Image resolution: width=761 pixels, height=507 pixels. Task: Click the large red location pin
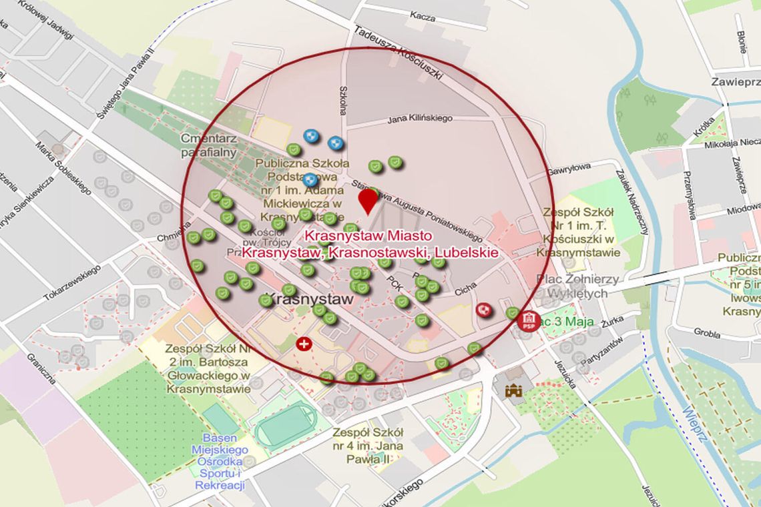[368, 199]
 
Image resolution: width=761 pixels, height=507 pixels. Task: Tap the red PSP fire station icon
[529, 320]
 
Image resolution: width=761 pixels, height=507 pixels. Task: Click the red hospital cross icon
[304, 344]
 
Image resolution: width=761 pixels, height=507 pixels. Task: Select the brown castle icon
[513, 391]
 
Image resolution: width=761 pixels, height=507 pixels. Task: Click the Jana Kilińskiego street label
[420, 118]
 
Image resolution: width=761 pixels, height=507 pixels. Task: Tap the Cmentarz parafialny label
[208, 145]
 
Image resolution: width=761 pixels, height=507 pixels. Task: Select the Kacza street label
[422, 15]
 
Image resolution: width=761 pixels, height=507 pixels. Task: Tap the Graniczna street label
[41, 368]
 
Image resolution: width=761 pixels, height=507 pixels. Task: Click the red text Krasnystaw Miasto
[368, 236]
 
